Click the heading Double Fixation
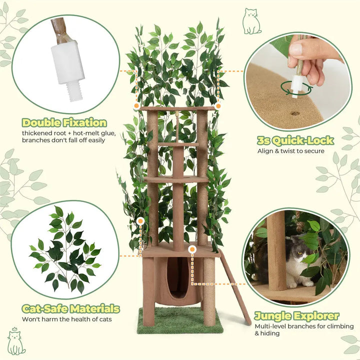tap(64, 122)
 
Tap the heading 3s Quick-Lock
tap(295, 140)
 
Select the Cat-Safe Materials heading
tap(70, 308)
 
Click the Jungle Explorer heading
tap(296, 316)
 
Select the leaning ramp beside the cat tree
tap(235, 287)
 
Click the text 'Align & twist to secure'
tap(290, 151)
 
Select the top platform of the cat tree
tap(177, 108)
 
